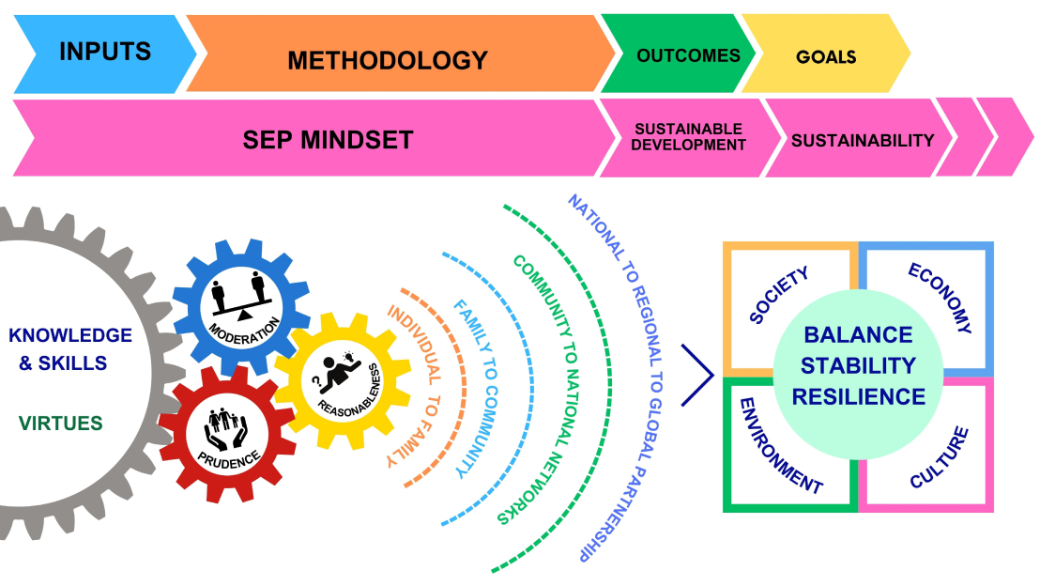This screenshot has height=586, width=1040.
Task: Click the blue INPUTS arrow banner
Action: [103, 53]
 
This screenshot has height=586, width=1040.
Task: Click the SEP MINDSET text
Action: [328, 141]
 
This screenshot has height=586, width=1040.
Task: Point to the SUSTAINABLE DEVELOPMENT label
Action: [689, 137]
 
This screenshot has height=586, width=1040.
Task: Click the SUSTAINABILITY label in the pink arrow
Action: [863, 141]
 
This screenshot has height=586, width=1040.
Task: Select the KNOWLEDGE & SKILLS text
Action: [70, 348]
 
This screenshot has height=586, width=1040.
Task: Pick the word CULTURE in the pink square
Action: [939, 458]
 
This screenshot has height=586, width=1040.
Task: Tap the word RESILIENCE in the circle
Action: [859, 395]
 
